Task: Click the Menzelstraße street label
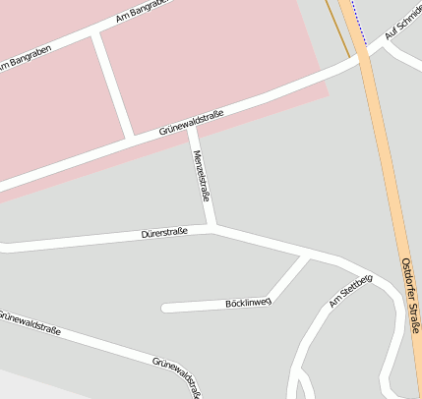pos(202,176)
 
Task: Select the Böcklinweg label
pos(248,303)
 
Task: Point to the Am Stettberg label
pos(351,291)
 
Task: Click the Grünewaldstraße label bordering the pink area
pos(191,123)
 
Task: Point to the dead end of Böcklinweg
pos(165,308)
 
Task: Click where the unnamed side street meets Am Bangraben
pos(96,35)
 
